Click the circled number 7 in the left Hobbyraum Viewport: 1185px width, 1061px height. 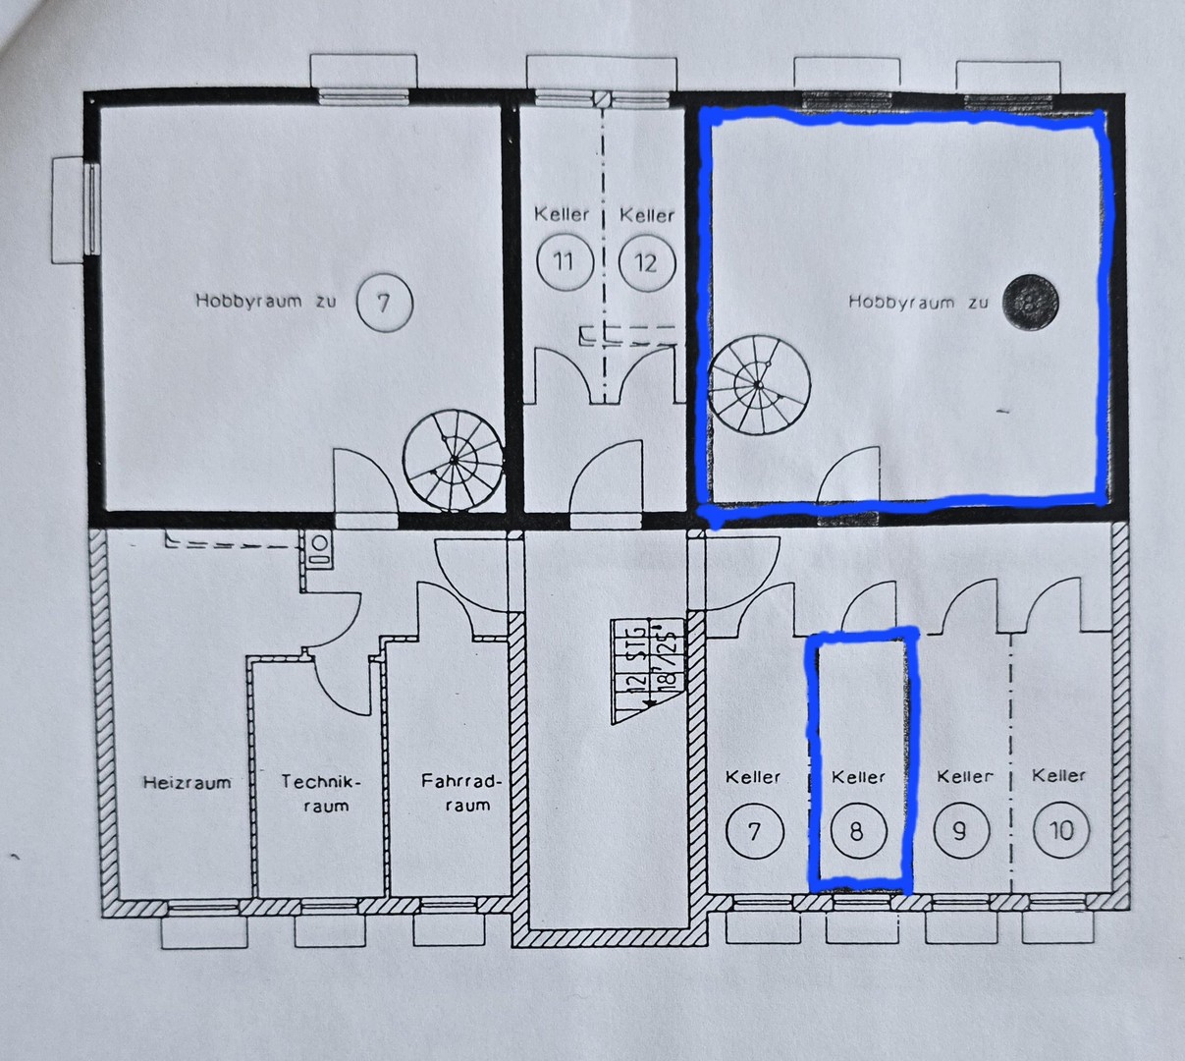coord(384,302)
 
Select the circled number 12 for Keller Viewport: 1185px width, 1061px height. coord(646,262)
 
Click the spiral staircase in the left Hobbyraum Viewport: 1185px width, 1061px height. coord(453,461)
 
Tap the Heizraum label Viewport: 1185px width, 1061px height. coord(187,783)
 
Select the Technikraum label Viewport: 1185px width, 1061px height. coord(321,794)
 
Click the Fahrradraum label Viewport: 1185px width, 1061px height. coord(461,793)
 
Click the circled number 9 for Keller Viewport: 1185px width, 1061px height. coord(960,831)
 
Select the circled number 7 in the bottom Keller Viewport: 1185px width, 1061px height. coord(754,831)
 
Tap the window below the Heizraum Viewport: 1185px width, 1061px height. coord(203,910)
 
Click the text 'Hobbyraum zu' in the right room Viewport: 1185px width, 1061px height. coord(917,303)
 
